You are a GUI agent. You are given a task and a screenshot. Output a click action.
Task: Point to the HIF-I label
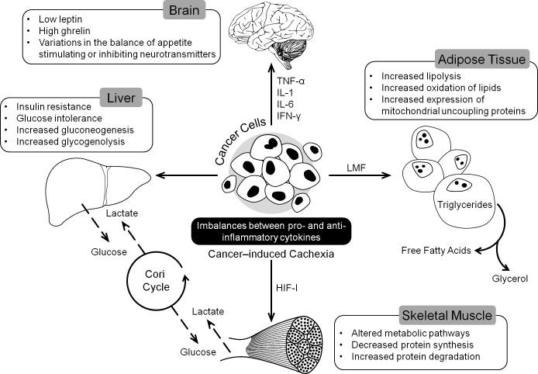[x=288, y=286]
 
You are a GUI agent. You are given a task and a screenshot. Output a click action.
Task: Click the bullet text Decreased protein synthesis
[x=412, y=342]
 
